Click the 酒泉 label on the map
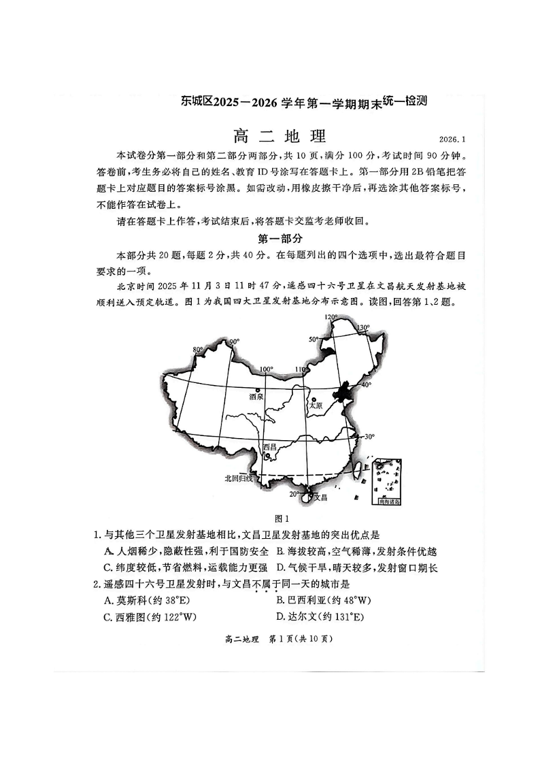click(x=256, y=397)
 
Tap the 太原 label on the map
click(x=315, y=405)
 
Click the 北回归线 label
click(x=239, y=478)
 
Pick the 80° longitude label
click(x=198, y=350)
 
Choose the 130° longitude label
click(x=365, y=327)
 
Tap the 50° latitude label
click(x=314, y=339)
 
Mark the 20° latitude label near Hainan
click(x=294, y=494)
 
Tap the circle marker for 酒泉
click(x=257, y=390)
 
